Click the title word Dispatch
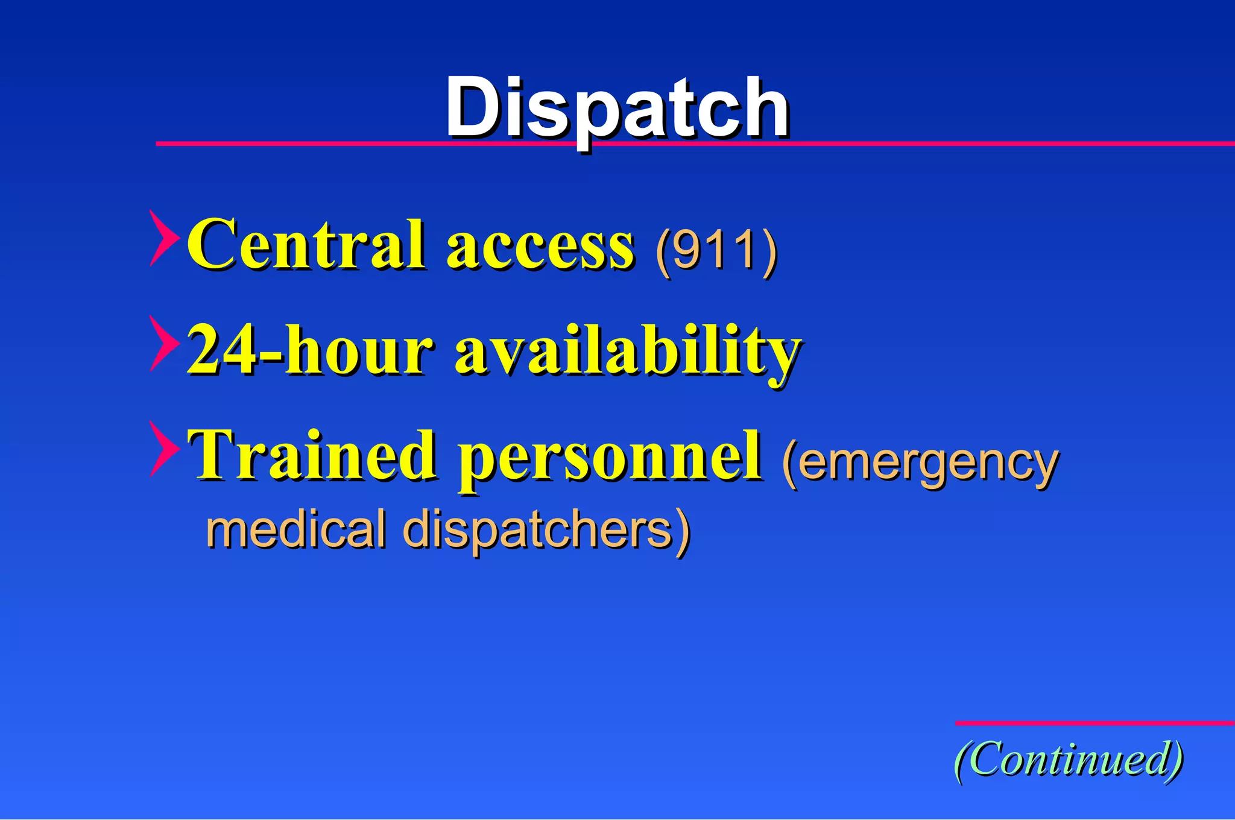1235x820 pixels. (x=617, y=109)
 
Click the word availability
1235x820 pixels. (x=627, y=353)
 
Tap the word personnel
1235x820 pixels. (x=609, y=458)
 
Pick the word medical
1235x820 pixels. (x=295, y=529)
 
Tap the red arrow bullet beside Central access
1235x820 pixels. (x=163, y=239)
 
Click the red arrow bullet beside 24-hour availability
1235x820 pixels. (x=163, y=344)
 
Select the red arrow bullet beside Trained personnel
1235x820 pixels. (x=163, y=449)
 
